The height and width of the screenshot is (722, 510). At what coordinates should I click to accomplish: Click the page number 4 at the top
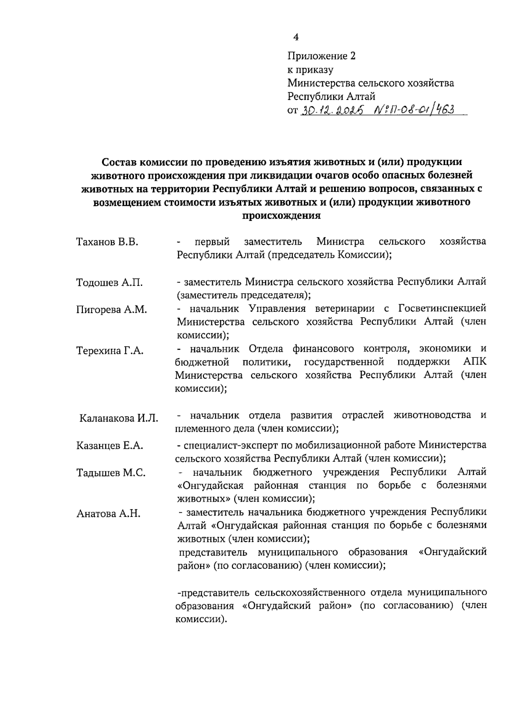click(296, 37)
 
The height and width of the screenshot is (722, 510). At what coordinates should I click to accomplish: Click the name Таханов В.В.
click(107, 243)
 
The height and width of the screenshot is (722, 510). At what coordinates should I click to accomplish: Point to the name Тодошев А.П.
click(109, 283)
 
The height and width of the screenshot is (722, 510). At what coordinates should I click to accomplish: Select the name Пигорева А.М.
click(111, 310)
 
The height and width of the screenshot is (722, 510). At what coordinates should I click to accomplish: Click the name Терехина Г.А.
click(110, 351)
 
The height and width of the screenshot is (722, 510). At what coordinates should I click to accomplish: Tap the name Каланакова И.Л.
click(119, 418)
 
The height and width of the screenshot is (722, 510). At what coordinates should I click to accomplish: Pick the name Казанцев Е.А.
click(110, 445)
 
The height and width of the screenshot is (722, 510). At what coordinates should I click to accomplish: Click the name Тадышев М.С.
click(111, 473)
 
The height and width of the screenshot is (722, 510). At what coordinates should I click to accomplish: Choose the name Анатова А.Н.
click(108, 514)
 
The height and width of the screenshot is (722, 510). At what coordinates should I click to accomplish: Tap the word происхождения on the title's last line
click(281, 215)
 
